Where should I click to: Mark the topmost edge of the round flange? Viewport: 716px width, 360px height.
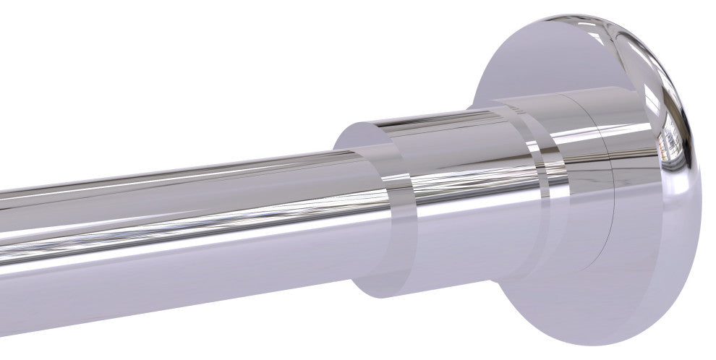(579, 14)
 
